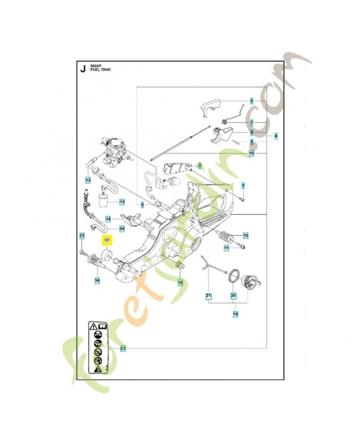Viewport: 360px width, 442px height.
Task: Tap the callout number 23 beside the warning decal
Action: pyautogui.click(x=123, y=348)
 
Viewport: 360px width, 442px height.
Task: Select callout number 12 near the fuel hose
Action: pyautogui.click(x=88, y=180)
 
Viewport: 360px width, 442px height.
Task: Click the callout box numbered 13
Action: pyautogui.click(x=122, y=202)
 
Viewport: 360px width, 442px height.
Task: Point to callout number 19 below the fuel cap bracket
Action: pyautogui.click(x=236, y=314)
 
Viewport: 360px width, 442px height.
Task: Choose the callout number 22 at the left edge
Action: pyautogui.click(x=81, y=236)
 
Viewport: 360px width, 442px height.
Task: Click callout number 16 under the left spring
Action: pyautogui.click(x=97, y=281)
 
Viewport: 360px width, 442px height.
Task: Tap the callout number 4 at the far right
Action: pyautogui.click(x=276, y=136)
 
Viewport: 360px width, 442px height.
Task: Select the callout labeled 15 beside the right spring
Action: pyautogui.click(x=246, y=236)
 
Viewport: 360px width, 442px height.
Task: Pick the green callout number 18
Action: pyautogui.click(x=179, y=282)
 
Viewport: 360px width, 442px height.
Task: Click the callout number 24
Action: pyautogui.click(x=122, y=228)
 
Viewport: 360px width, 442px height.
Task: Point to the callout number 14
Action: pyautogui.click(x=108, y=219)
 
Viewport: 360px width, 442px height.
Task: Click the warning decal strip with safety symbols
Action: pyautogui.click(x=97, y=348)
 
